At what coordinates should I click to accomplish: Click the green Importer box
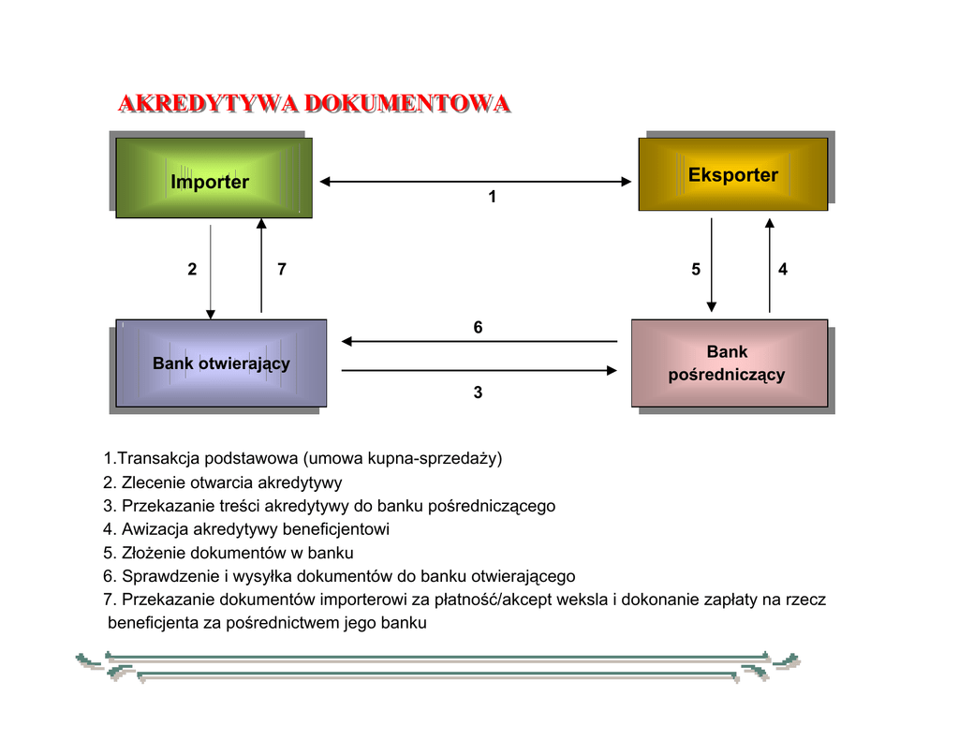point(214,178)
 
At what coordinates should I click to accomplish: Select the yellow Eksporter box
point(732,174)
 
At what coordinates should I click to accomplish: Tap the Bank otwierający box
point(221,363)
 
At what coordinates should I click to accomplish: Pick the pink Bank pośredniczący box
point(729,363)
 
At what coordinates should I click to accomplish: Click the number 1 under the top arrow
point(493,198)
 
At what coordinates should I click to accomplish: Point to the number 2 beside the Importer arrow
point(192,270)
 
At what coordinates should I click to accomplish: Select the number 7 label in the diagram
point(282,270)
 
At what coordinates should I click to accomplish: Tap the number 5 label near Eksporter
point(696,270)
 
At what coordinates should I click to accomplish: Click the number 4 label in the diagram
point(783,270)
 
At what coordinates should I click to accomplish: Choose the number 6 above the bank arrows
point(478,328)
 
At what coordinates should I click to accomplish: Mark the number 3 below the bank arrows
point(478,393)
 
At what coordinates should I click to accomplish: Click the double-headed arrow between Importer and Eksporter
point(476,182)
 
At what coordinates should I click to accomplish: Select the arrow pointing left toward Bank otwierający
point(479,341)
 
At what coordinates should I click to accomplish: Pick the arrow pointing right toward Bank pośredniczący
point(479,371)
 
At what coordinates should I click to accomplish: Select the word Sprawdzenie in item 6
point(165,576)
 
